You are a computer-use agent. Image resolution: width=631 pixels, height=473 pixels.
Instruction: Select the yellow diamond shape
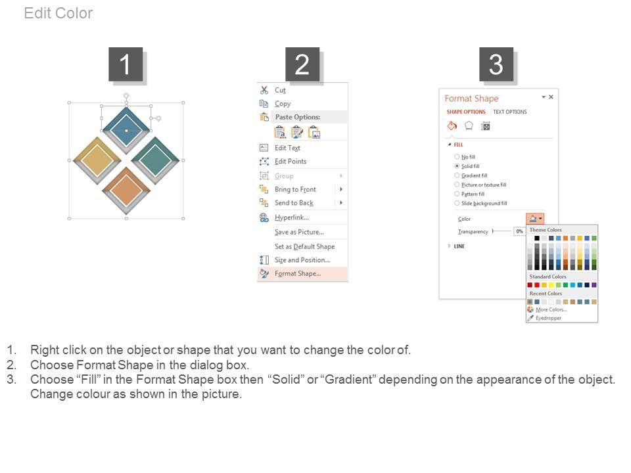[97, 160]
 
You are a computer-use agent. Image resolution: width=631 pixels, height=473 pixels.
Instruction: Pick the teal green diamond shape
[155, 160]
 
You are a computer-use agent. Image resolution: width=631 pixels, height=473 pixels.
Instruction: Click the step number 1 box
[126, 64]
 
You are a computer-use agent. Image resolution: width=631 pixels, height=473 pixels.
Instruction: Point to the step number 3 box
[496, 64]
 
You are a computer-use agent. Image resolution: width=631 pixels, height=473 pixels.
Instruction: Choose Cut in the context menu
[280, 90]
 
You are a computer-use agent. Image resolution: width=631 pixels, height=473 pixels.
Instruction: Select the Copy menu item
[283, 104]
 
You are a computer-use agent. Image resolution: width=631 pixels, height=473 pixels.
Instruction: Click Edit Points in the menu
[291, 162]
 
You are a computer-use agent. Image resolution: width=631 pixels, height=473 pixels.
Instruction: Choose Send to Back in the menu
[294, 203]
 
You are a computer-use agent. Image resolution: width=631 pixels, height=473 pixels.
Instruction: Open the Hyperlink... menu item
[291, 217]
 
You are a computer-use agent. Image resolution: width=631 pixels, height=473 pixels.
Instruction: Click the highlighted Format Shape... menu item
[298, 273]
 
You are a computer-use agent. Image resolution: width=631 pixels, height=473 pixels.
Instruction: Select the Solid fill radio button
[457, 166]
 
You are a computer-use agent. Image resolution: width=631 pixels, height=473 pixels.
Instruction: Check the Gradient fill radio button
[457, 175]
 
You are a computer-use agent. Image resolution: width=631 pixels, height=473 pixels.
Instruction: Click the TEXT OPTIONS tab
[510, 112]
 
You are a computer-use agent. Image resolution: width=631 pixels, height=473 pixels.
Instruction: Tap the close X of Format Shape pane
[551, 97]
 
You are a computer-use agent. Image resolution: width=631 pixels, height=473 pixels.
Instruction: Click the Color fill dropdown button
[535, 219]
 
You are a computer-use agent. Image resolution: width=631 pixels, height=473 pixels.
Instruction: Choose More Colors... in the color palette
[551, 309]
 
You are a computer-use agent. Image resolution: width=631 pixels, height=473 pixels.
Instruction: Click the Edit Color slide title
[58, 13]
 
